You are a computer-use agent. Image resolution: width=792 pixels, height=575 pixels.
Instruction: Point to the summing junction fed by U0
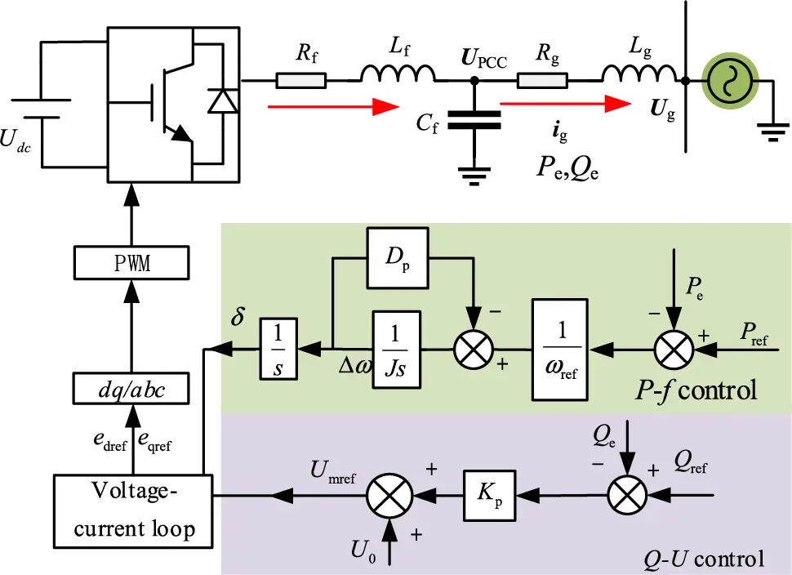point(390,494)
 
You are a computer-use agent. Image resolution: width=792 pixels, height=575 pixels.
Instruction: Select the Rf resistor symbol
point(300,80)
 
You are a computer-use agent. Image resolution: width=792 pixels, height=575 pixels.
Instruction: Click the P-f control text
point(696,390)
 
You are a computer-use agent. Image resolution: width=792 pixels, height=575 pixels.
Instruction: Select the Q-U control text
point(703,559)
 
